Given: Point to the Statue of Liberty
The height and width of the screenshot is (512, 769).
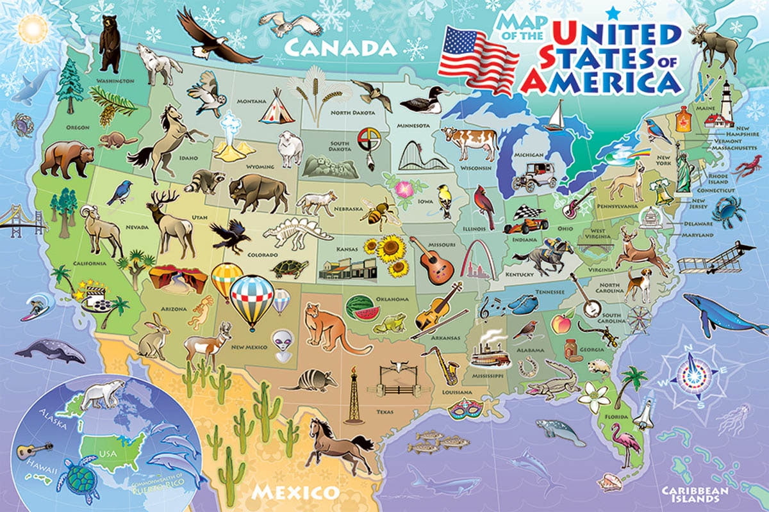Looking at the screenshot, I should pos(684,169).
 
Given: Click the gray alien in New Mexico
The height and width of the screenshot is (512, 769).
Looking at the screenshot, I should pos(281,340).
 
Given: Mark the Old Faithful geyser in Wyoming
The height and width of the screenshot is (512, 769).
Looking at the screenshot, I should pos(234,137).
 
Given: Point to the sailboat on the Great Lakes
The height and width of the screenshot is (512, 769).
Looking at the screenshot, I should pos(556,118).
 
